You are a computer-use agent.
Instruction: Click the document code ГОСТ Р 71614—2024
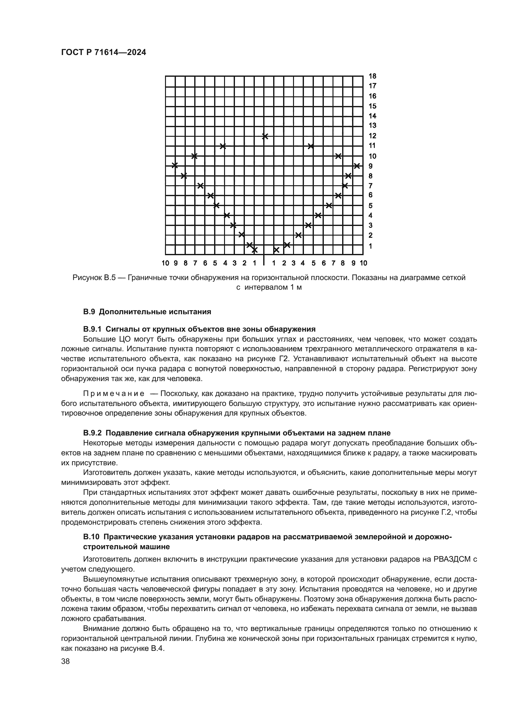pyautogui.click(x=103, y=53)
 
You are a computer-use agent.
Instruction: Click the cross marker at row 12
pyautogui.click(x=265, y=136)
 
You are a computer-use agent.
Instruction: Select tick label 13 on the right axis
pyautogui.click(x=372, y=125)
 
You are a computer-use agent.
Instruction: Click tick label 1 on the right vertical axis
pyautogui.click(x=370, y=246)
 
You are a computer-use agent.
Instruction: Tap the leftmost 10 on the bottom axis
pyautogui.click(x=165, y=263)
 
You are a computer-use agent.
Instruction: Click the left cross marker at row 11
pyautogui.click(x=223, y=146)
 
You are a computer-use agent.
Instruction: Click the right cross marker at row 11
pyautogui.click(x=311, y=146)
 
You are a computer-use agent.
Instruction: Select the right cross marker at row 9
pyautogui.click(x=357, y=166)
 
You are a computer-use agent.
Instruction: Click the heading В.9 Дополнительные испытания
pyautogui.click(x=147, y=312)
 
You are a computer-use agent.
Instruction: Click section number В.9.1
pyautogui.click(x=92, y=329)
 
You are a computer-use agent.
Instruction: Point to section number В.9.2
pyautogui.click(x=92, y=433)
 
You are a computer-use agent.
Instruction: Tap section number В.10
pyautogui.click(x=91, y=537)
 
